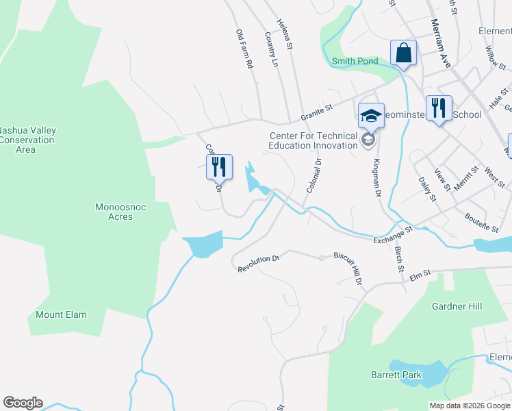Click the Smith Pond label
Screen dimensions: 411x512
coord(355,61)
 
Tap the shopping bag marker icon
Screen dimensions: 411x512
coord(404,53)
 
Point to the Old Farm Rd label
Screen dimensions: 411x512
coord(244,49)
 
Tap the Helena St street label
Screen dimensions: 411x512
coord(285,35)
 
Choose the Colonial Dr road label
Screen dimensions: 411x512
coord(313,175)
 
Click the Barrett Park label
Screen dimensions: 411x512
coord(396,375)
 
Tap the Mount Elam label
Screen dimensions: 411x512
coord(62,314)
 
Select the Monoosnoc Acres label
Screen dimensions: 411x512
coord(114,211)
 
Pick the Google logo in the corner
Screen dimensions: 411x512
coord(23,403)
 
